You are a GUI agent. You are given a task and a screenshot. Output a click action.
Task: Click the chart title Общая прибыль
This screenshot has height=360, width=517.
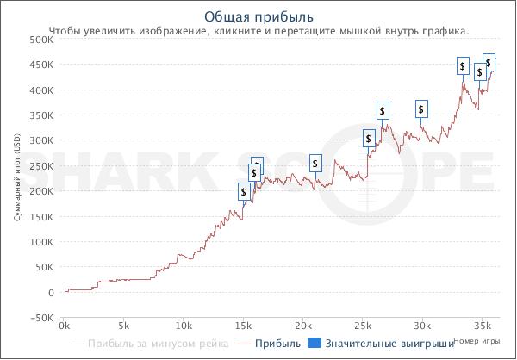[x=258, y=17]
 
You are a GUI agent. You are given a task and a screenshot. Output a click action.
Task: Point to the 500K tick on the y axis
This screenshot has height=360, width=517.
[x=40, y=40]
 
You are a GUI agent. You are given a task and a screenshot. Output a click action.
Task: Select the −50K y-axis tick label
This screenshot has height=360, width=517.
[x=40, y=318]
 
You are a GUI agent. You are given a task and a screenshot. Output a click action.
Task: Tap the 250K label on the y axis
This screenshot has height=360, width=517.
[x=40, y=166]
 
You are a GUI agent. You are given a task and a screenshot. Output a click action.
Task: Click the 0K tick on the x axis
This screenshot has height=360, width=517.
[x=64, y=326]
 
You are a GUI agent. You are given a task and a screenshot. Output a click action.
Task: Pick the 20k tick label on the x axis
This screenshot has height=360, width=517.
[x=302, y=326]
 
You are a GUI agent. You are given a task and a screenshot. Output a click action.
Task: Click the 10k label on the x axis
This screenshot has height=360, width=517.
[x=183, y=326]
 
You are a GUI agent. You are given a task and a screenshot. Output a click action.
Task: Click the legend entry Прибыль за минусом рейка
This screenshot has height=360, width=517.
[x=150, y=344]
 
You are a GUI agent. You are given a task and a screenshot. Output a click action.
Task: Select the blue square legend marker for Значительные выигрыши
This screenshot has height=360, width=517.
[x=315, y=344]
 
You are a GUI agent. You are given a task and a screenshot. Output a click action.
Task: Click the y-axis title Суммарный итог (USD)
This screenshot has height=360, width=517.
[x=17, y=178]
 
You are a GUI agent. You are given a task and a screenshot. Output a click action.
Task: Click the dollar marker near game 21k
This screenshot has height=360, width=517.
[x=315, y=164]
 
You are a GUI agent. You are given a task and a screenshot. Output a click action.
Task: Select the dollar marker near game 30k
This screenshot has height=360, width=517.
[x=421, y=109]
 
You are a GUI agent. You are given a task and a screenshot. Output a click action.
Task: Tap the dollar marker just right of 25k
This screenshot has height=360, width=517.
[x=369, y=139]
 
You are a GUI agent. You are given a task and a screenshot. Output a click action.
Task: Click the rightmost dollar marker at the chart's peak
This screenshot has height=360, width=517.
[x=489, y=62]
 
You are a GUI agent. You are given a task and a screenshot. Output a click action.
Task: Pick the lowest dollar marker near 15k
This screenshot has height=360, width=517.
[x=244, y=192]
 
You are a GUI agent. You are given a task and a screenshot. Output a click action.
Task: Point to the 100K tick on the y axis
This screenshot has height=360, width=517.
[x=40, y=242]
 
